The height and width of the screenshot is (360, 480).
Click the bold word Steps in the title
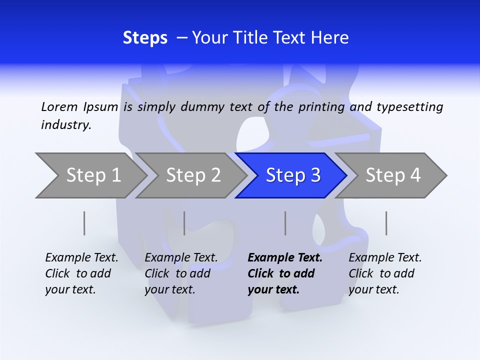coord(145,37)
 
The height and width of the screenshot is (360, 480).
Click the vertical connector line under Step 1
coord(84,223)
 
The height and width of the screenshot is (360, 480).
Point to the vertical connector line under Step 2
coord(184,223)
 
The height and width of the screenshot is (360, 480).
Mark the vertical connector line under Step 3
coord(285,223)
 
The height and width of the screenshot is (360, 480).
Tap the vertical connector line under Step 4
coord(386,223)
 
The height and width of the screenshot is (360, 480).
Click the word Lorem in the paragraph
coord(59,106)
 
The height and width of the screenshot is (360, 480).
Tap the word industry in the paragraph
coord(66,124)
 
